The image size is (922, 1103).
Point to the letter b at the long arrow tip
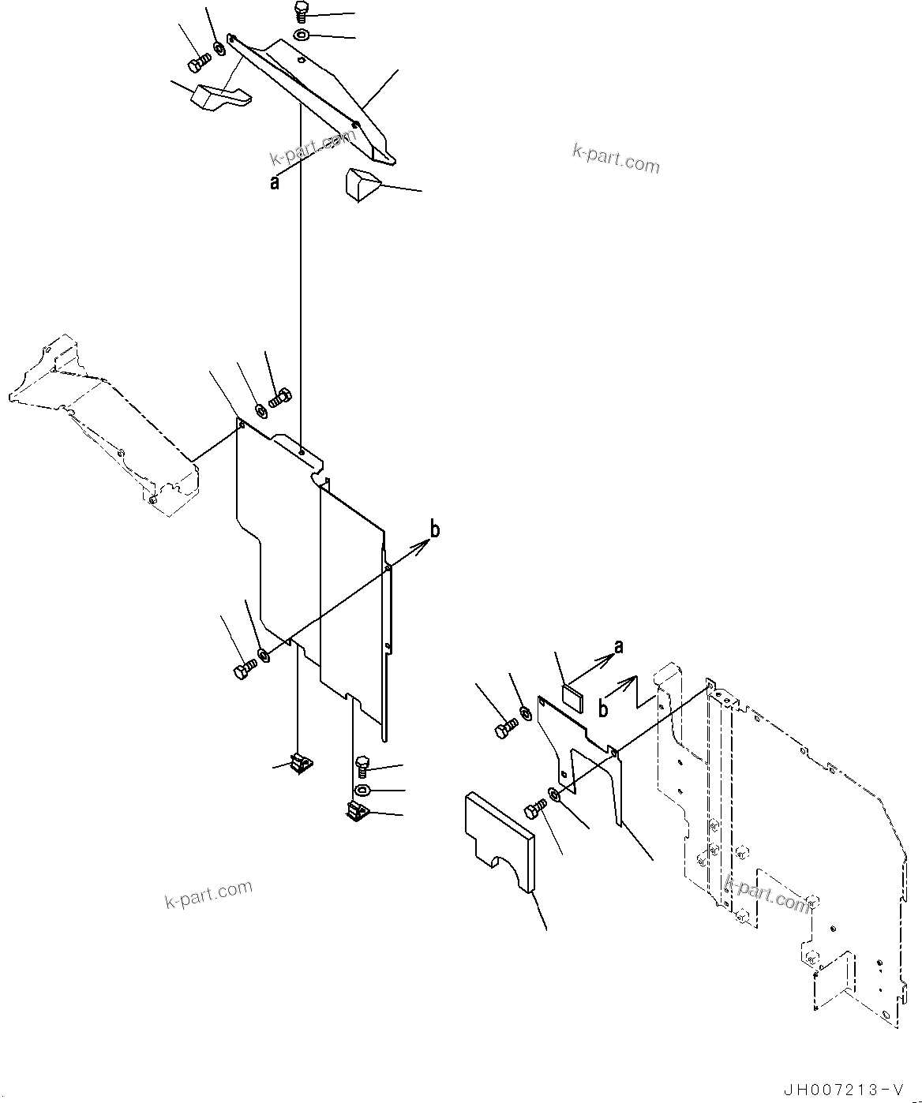(x=434, y=529)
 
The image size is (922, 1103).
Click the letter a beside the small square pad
(x=619, y=646)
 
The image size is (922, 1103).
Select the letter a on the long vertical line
(x=275, y=183)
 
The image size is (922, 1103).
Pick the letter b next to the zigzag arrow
(x=602, y=709)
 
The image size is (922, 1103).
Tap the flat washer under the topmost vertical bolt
(x=302, y=36)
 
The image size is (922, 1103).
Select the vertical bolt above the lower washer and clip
(x=362, y=765)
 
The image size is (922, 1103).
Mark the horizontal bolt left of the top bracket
(x=199, y=59)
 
